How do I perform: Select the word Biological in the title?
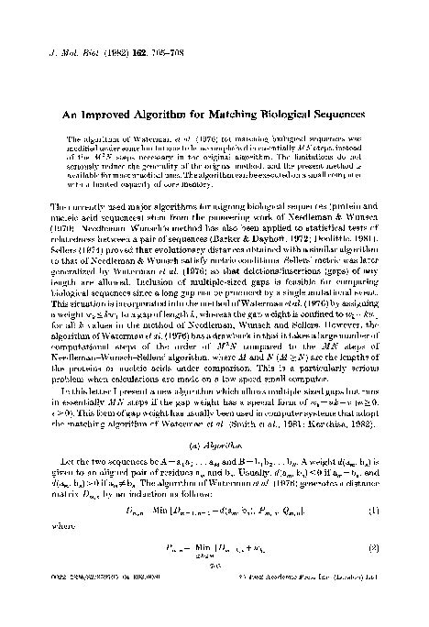288,115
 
